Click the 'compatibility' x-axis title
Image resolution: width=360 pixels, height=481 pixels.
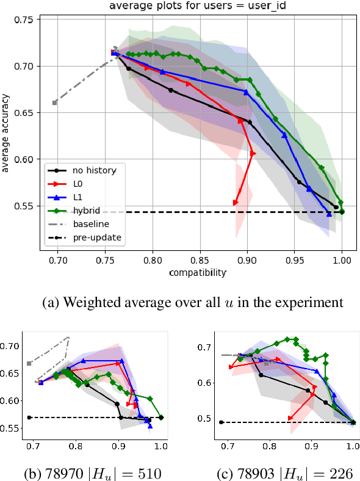pyautogui.click(x=197, y=272)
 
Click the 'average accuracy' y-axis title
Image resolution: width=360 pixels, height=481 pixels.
pyautogui.click(x=6, y=132)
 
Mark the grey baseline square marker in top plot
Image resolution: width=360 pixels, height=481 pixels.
pyautogui.click(x=54, y=103)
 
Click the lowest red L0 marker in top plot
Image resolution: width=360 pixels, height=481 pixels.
pyautogui.click(x=236, y=203)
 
